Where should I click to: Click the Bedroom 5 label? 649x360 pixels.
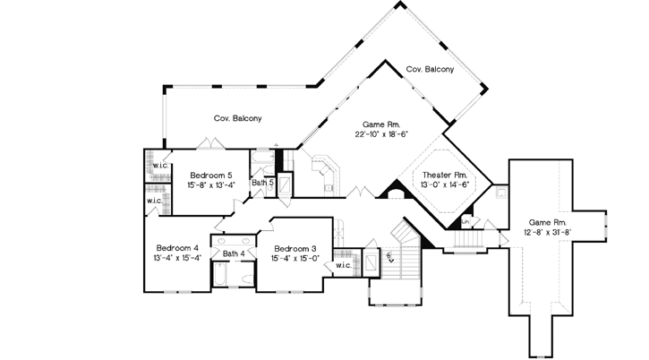coord(211,174)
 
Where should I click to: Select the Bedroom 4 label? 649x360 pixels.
coord(176,248)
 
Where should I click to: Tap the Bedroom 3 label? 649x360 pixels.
coord(295,248)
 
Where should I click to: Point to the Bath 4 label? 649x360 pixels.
coord(234,255)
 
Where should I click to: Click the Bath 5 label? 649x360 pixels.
coord(261,183)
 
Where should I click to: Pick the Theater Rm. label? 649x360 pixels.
coord(444,175)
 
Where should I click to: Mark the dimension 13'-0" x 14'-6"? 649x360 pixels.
coord(445,185)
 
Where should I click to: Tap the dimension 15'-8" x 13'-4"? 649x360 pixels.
coord(211,184)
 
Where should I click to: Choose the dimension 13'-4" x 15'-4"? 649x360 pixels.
coord(176,259)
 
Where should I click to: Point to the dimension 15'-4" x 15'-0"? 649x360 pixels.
coord(295,259)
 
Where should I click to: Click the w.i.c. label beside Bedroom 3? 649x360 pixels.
coord(343,265)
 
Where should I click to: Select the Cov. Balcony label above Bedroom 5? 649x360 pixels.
coord(237,117)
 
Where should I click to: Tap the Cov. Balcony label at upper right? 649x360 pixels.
coord(430,69)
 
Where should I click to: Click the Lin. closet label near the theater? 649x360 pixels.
coord(465,221)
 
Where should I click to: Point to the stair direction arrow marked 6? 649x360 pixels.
coord(391,259)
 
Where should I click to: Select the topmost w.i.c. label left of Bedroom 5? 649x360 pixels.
coord(160,166)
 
